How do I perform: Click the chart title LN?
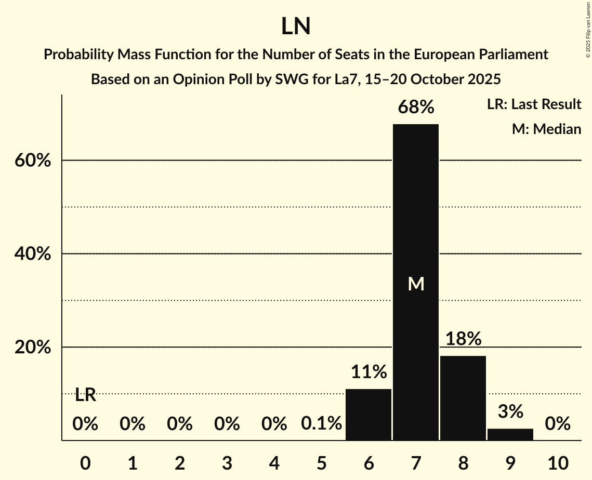(x=296, y=26)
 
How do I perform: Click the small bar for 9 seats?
(x=510, y=434)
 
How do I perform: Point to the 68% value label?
(x=416, y=108)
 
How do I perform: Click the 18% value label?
(x=463, y=339)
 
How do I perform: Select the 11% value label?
(x=369, y=372)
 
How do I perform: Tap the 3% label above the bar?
(x=510, y=411)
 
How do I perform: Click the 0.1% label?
(x=322, y=424)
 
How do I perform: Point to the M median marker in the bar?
(x=416, y=284)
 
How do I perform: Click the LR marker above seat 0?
(x=85, y=395)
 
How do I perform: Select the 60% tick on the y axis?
(x=33, y=161)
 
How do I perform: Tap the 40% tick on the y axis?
(x=33, y=254)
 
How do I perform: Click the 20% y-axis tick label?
(x=33, y=348)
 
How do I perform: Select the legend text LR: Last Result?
(x=534, y=104)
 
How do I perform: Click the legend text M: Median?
(x=546, y=129)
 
